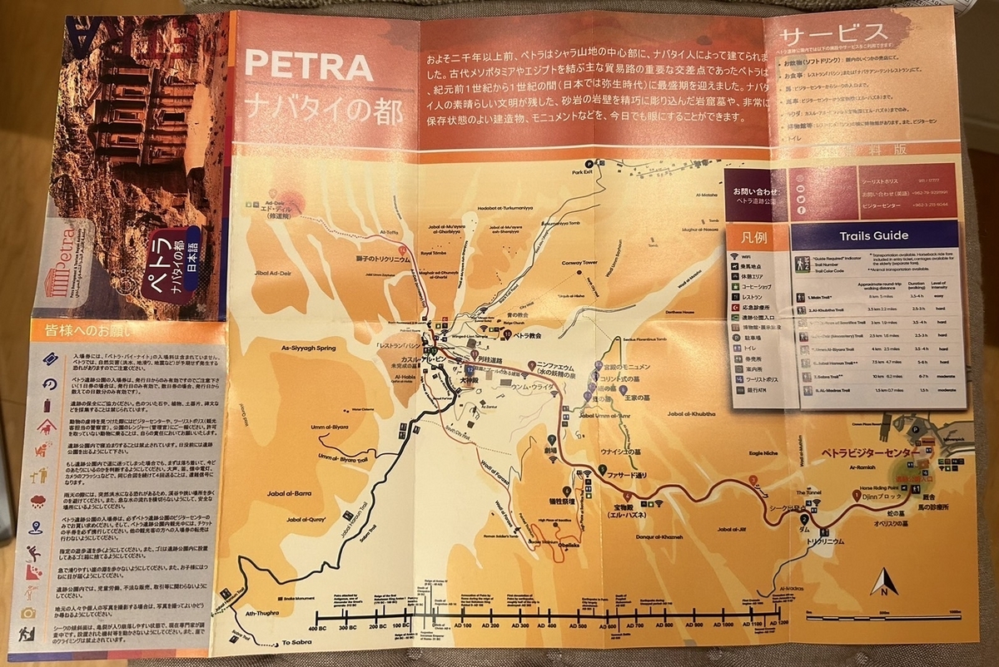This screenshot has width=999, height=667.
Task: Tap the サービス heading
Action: click(833, 36)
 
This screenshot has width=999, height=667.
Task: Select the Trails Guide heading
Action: click(874, 235)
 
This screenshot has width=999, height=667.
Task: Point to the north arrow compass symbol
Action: click(883, 581)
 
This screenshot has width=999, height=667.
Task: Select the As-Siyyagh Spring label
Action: click(307, 348)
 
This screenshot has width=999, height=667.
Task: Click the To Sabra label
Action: click(296, 642)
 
